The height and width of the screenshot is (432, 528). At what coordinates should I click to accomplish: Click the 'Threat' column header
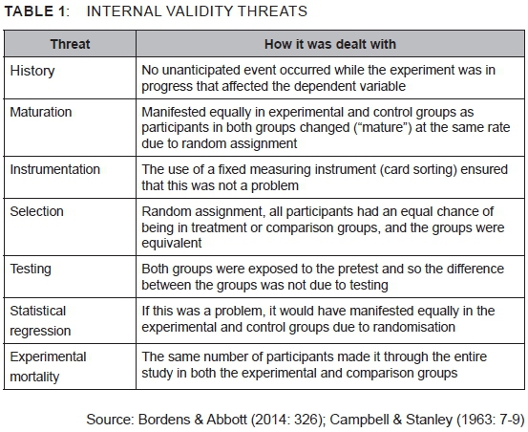(x=70, y=44)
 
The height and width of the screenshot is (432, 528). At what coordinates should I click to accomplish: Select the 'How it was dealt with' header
(x=330, y=44)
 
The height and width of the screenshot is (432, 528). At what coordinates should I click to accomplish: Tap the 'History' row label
(x=32, y=71)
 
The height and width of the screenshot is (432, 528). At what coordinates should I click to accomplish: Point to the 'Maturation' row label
(x=41, y=112)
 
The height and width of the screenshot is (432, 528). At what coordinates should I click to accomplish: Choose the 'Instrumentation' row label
(x=54, y=169)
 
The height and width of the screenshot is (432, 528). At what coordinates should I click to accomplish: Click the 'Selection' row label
(x=36, y=211)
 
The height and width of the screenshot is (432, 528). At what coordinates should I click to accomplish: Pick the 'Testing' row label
(x=31, y=270)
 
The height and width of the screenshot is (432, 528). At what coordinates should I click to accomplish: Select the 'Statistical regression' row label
(x=40, y=320)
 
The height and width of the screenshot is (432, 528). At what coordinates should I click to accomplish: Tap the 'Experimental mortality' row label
(x=48, y=366)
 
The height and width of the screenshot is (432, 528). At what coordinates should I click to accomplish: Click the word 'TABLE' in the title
(x=29, y=11)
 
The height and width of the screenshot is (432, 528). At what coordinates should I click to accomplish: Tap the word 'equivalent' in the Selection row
(x=172, y=243)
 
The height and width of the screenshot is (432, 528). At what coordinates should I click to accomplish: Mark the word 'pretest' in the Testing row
(x=359, y=269)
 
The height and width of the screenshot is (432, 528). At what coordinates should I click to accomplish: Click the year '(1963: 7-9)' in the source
(x=491, y=420)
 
